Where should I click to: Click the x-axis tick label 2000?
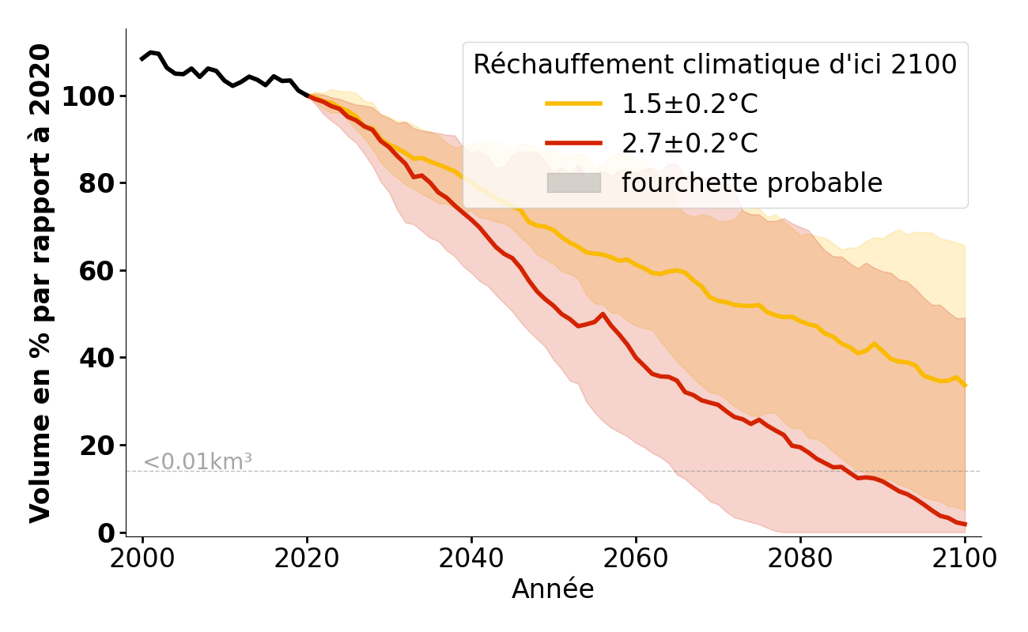(x=142, y=559)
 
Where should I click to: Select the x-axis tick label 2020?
(x=307, y=559)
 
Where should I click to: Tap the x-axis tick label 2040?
(x=471, y=559)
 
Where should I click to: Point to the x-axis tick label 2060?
(x=636, y=559)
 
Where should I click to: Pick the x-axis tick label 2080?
(x=800, y=559)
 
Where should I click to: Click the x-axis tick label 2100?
(x=965, y=559)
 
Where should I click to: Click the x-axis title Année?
(x=553, y=590)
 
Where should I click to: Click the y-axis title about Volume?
(x=40, y=283)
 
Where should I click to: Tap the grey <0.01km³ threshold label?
(x=198, y=462)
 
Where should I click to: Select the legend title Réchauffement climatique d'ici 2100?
(x=715, y=65)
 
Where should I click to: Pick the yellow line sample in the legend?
(x=574, y=103)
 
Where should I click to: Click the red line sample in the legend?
(x=574, y=143)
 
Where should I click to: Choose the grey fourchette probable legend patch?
(x=574, y=182)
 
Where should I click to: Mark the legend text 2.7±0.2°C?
(x=690, y=144)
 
